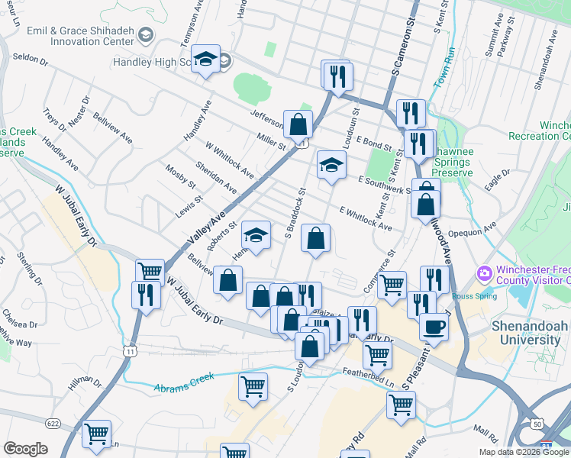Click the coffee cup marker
[434, 327]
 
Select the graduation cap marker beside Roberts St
[257, 236]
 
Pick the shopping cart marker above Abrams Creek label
[253, 385]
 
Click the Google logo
[25, 449]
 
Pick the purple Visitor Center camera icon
[484, 273]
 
